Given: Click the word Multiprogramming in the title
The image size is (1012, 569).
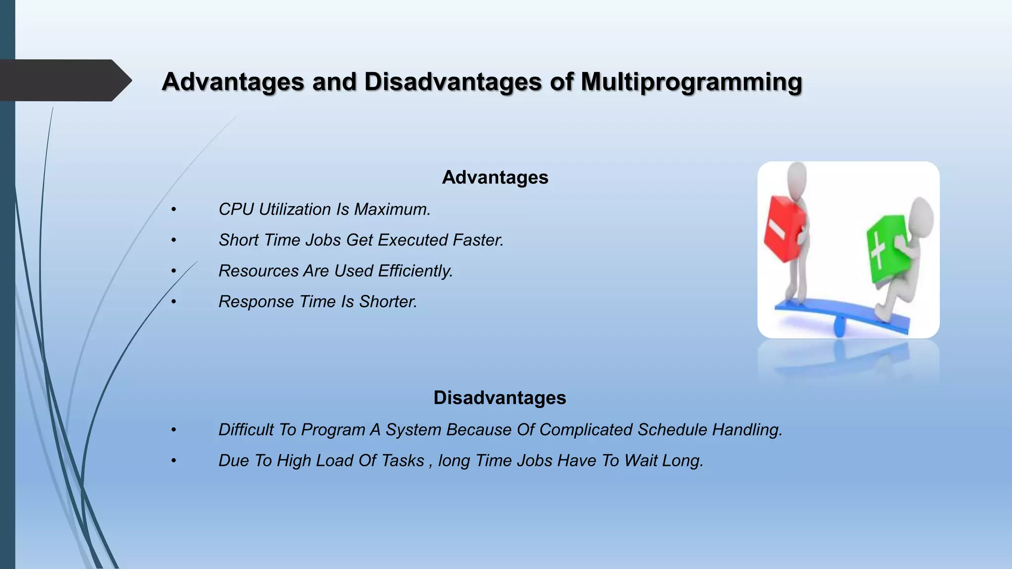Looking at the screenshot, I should (x=691, y=82).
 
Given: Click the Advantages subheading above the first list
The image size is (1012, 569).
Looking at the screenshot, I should (x=495, y=177).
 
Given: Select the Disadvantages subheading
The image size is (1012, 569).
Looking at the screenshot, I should (x=499, y=398).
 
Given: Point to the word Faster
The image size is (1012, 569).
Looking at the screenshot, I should (x=478, y=240).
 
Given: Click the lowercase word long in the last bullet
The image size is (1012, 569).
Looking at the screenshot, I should (x=453, y=461).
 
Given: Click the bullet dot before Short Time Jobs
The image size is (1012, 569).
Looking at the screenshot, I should (x=173, y=241).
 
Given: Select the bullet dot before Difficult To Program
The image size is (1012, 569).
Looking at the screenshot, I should (x=173, y=430).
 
